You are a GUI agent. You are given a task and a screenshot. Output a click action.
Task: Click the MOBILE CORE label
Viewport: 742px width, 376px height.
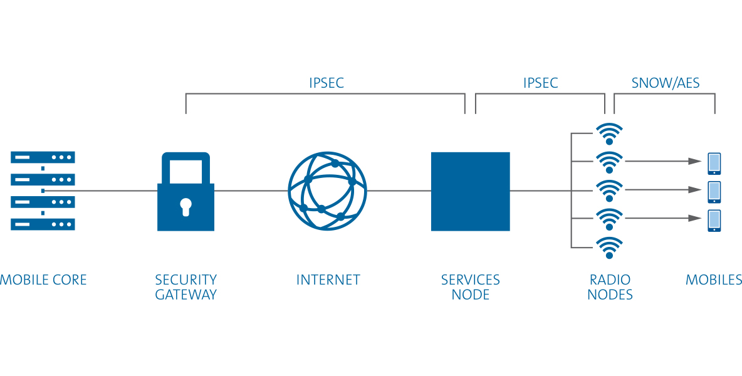coord(43,279)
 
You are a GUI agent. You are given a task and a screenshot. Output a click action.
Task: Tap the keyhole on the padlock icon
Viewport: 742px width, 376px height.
coord(185,206)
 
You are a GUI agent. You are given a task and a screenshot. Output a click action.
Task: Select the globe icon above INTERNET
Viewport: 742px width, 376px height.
coord(327,191)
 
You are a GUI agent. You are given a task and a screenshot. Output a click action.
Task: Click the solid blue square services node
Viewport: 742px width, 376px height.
coord(470,191)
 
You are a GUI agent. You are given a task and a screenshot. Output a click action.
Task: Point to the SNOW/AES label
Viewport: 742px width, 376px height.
coord(666,83)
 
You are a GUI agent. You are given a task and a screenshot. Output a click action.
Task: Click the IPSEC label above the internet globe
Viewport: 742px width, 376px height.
coord(327,83)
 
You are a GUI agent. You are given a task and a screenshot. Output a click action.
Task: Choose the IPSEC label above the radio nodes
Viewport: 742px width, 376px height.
coord(540,83)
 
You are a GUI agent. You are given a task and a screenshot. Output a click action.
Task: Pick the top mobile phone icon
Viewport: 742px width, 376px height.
coord(714,163)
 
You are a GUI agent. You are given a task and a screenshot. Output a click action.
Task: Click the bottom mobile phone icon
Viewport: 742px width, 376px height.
coord(714,221)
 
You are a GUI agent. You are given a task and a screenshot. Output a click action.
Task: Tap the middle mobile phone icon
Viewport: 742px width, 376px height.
coord(714,192)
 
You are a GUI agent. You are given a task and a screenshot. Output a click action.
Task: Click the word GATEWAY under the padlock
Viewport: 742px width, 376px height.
coord(185,295)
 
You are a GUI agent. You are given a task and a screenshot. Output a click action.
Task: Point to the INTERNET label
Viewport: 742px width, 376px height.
coord(328,279)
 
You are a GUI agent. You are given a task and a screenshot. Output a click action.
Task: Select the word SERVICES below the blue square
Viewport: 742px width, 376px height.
coord(470,279)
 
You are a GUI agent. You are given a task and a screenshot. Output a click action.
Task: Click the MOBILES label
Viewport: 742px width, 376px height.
coord(714,279)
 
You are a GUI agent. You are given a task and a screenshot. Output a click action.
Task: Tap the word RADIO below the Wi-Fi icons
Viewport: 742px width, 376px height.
coord(610,279)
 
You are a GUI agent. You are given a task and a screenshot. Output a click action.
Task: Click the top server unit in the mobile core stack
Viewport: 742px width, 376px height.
coord(43,157)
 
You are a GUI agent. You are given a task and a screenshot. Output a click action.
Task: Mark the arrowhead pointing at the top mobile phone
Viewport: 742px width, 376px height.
coord(695,161)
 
